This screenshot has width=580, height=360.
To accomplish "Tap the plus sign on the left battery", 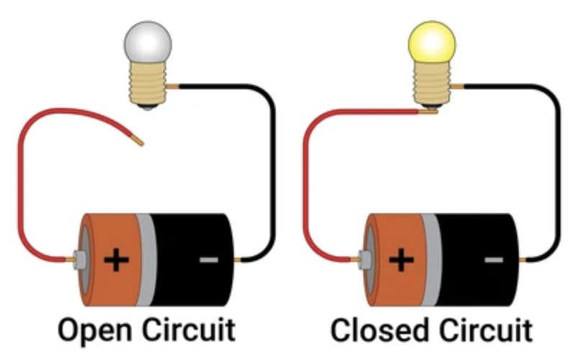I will [x=114, y=258].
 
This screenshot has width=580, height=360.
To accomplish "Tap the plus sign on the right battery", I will [x=400, y=258].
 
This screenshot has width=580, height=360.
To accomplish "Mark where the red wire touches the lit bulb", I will [x=429, y=111].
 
